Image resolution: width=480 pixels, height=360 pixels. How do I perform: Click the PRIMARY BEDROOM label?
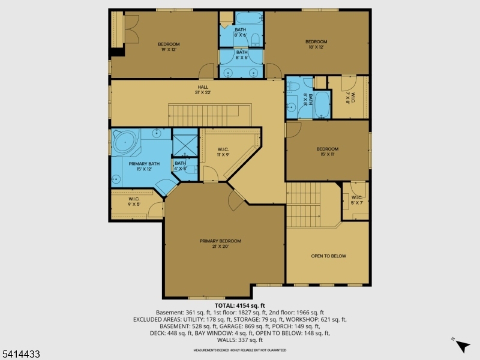pos(220,244)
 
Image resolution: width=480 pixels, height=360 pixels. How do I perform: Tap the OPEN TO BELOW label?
pos(328,256)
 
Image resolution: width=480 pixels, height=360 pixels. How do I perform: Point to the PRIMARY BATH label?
pos(144,166)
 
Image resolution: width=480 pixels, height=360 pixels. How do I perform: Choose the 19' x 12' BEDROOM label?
pos(169,47)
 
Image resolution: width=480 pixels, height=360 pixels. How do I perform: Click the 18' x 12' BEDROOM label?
pos(316,44)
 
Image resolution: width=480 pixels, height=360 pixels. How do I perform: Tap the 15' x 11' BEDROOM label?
pos(328,152)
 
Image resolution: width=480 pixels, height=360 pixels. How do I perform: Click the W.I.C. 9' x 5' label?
pos(134,202)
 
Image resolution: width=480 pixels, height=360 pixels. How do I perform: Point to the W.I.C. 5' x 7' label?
pos(356,200)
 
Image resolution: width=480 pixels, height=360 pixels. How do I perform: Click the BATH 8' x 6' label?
pos(240,32)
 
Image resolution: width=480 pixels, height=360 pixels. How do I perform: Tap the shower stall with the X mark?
pos(185,145)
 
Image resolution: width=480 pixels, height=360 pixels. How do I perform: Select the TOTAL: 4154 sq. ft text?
pos(239,306)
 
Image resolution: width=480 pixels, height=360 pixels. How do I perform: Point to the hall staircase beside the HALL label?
pos(211,112)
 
